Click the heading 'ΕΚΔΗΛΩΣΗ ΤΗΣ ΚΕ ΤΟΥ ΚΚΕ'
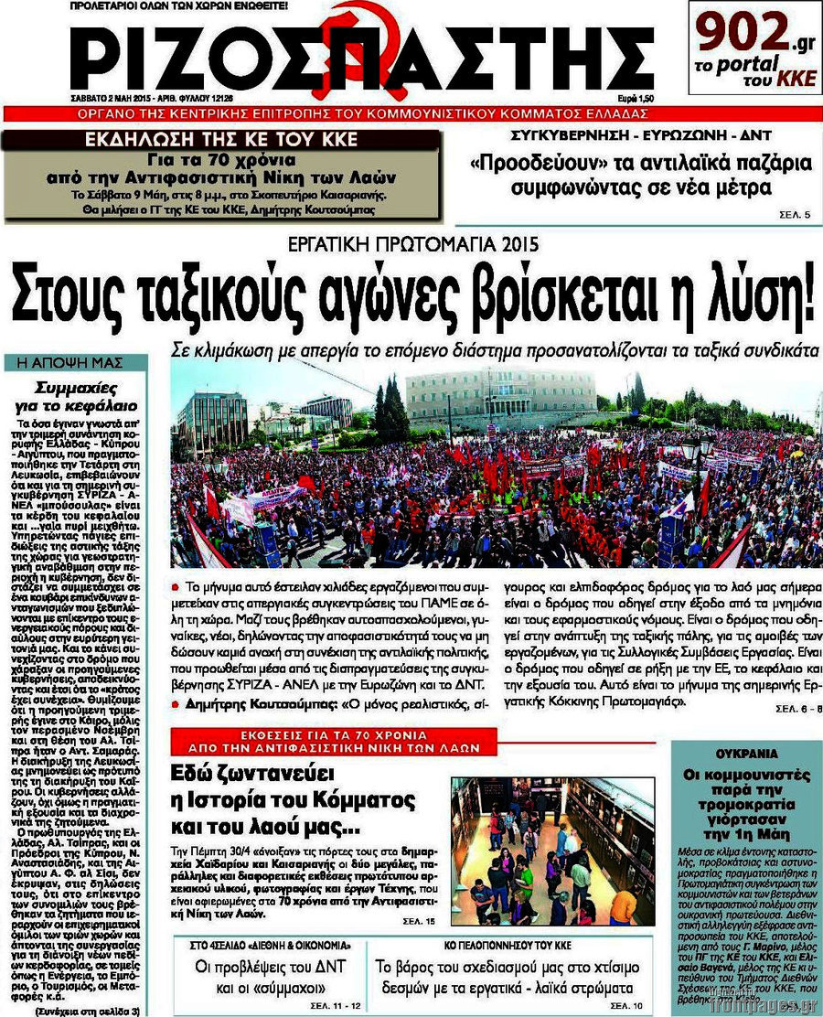221,140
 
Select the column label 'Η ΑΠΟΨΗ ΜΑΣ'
74,363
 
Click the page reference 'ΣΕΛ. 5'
794,215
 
